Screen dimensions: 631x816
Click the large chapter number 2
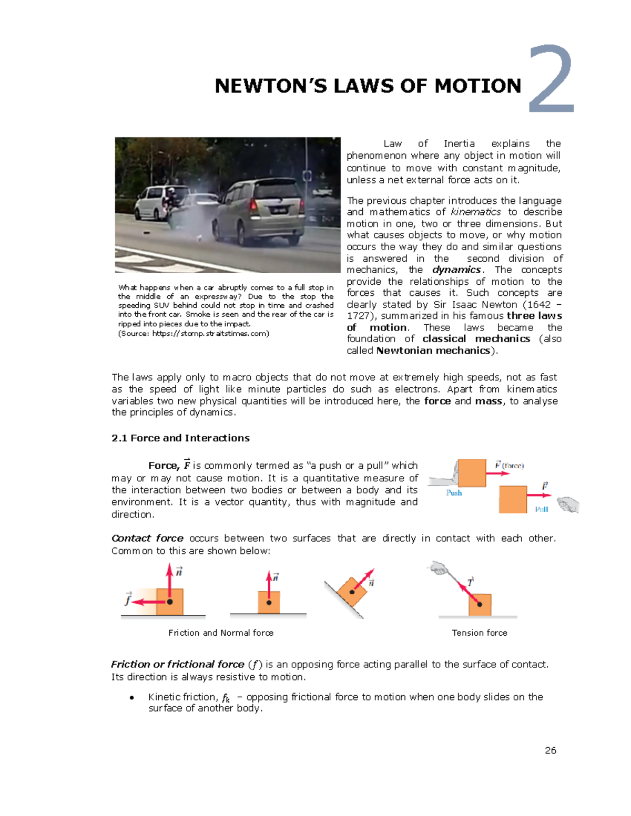(x=552, y=79)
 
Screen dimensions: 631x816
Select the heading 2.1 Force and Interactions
(x=180, y=438)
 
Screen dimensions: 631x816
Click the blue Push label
(x=454, y=493)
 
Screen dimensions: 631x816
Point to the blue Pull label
(x=542, y=510)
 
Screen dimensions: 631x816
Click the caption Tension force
(x=480, y=633)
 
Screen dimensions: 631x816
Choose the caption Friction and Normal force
(x=221, y=633)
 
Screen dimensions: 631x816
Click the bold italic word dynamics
(x=456, y=270)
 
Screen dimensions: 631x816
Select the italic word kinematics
(x=476, y=212)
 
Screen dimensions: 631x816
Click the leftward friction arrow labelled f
(x=149, y=602)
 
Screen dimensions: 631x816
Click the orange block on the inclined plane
(x=352, y=592)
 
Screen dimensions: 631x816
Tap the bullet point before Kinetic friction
(x=131, y=698)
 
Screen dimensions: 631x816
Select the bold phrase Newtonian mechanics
(x=433, y=351)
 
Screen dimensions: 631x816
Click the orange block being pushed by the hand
(x=472, y=473)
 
